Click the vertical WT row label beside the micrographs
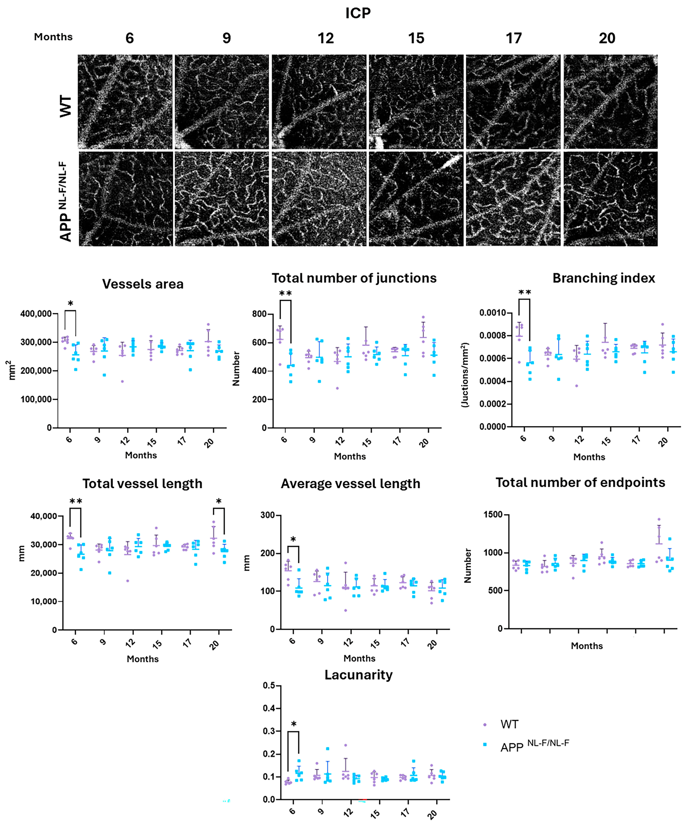(x=66, y=106)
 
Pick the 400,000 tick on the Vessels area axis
(x=36, y=314)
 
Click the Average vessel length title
(x=350, y=484)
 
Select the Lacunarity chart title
(x=358, y=675)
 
